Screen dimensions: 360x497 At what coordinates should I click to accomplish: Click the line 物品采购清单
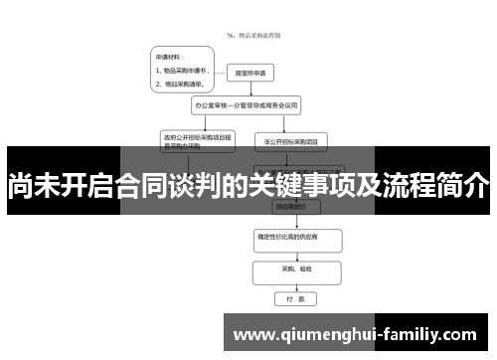[x=179, y=85]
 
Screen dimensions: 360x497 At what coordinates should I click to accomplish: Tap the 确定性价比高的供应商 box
[x=294, y=240]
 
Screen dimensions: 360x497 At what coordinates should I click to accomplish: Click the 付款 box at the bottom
[x=295, y=297]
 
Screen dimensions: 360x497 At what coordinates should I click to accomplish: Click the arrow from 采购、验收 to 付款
[x=295, y=283]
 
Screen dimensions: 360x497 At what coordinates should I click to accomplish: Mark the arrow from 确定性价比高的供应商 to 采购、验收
[x=295, y=255]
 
